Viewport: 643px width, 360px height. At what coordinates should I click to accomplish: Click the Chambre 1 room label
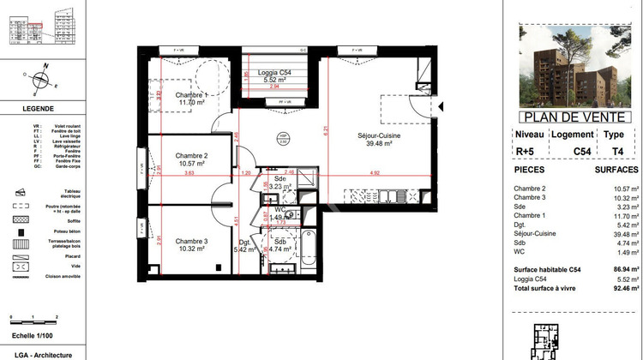click(191, 94)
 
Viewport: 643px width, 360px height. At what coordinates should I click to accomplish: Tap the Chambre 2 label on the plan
click(192, 155)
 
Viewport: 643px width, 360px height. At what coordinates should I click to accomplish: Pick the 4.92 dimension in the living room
click(374, 174)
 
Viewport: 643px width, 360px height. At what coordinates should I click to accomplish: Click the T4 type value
click(613, 149)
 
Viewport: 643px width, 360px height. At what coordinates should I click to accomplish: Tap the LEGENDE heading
click(38, 109)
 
